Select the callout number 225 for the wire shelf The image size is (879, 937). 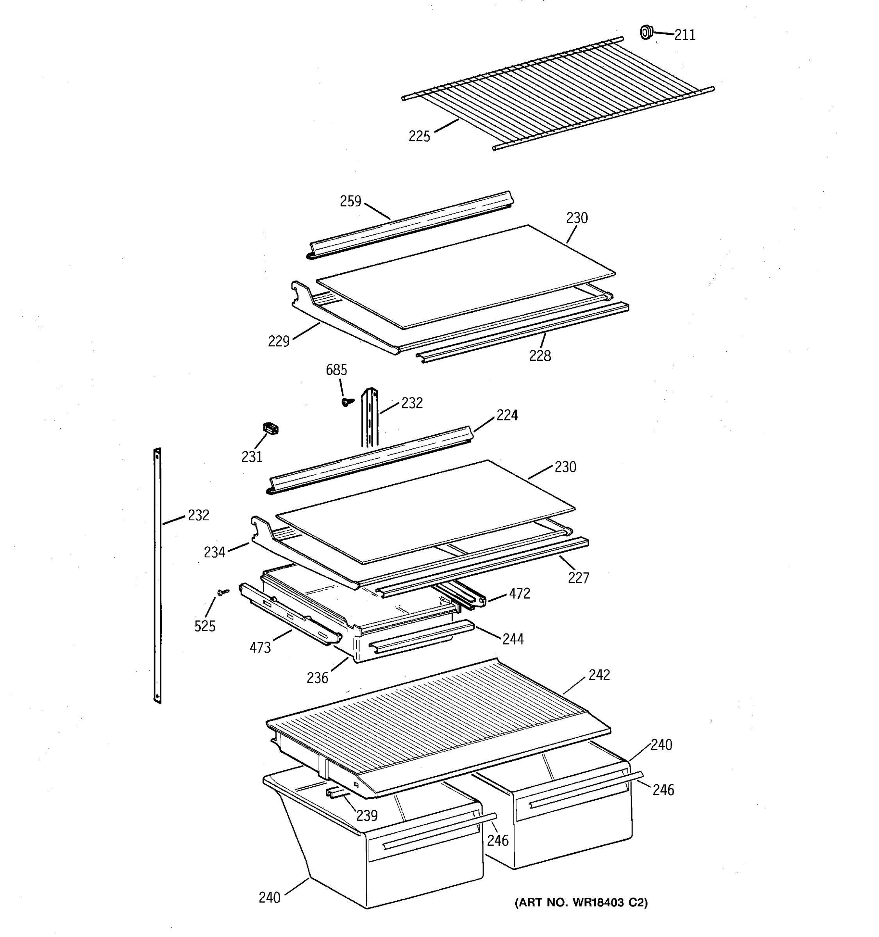click(419, 137)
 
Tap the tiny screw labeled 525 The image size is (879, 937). click(223, 591)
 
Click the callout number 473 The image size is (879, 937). click(260, 648)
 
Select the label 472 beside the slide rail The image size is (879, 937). click(520, 594)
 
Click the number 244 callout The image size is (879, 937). click(513, 640)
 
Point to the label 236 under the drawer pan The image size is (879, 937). click(317, 678)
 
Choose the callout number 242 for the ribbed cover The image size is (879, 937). click(599, 675)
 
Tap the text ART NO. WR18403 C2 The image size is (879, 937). click(581, 903)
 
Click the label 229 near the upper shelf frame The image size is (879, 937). click(279, 341)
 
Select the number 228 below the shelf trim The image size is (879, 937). click(540, 356)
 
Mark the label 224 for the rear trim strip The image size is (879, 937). click(507, 415)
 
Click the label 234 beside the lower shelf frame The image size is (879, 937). click(214, 552)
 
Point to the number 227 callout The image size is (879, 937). click(579, 578)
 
